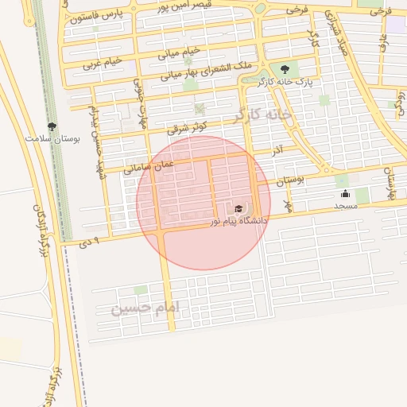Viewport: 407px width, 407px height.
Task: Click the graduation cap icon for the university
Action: point(238,207)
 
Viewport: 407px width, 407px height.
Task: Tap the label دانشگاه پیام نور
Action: point(239,219)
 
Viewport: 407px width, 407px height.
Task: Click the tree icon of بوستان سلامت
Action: point(52,126)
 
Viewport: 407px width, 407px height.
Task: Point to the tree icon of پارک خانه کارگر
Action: point(285,69)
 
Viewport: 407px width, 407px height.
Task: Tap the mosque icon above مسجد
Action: point(345,193)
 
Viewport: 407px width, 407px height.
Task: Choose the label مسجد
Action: point(346,206)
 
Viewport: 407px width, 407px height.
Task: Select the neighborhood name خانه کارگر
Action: point(262,115)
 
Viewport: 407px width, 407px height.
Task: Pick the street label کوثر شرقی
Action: point(188,126)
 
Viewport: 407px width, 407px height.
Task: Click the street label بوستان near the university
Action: point(291,180)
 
